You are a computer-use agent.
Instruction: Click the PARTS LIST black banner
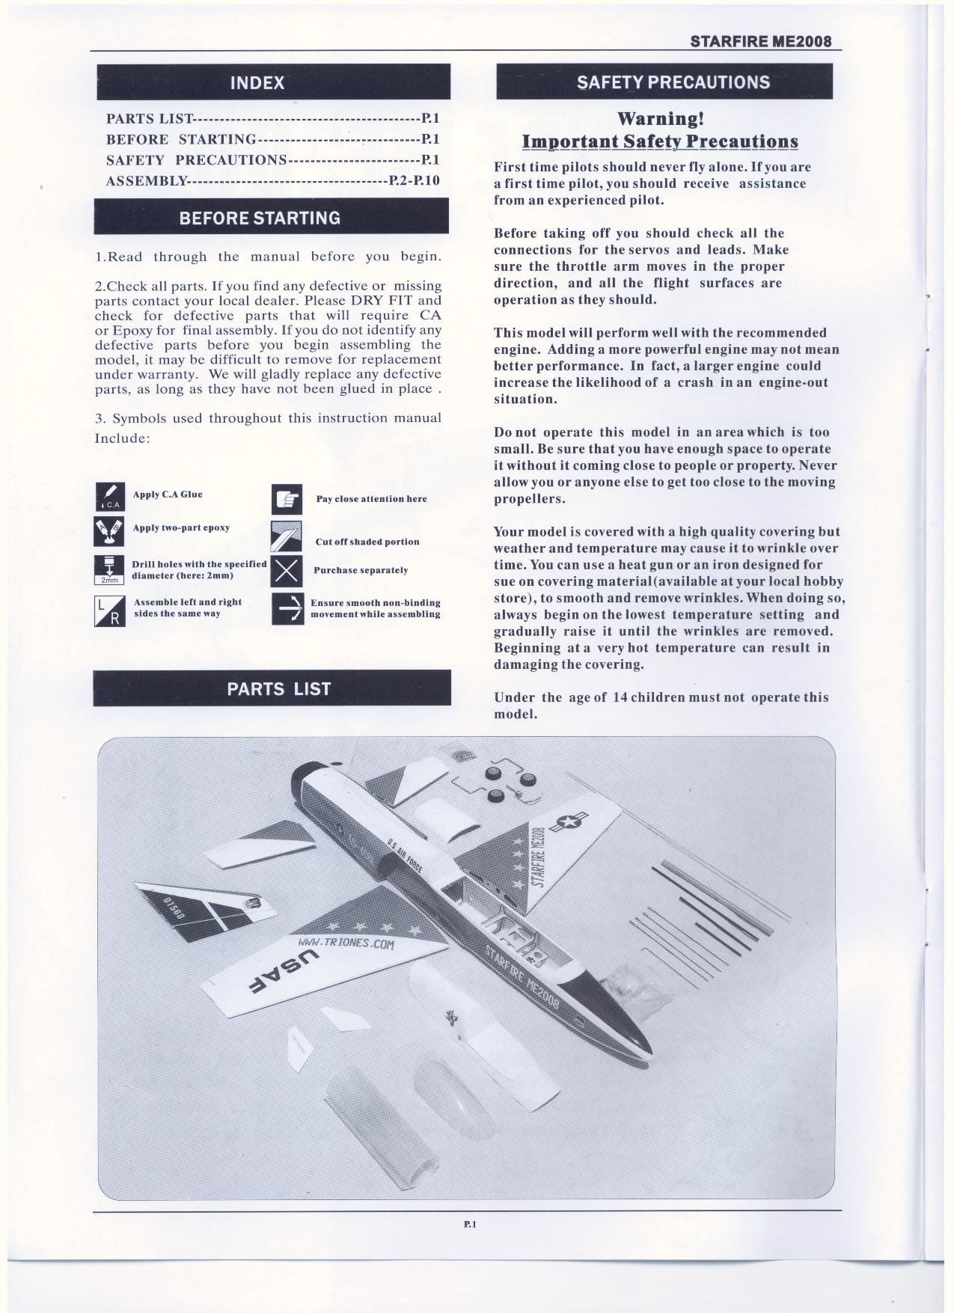[x=272, y=688]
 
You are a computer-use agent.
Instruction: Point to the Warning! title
[x=660, y=119]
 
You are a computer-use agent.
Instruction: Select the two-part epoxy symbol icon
[x=110, y=530]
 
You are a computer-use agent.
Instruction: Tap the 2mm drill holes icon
[x=110, y=569]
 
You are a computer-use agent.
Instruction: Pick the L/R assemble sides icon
[x=110, y=610]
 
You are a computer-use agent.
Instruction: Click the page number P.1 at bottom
[x=470, y=1225]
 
